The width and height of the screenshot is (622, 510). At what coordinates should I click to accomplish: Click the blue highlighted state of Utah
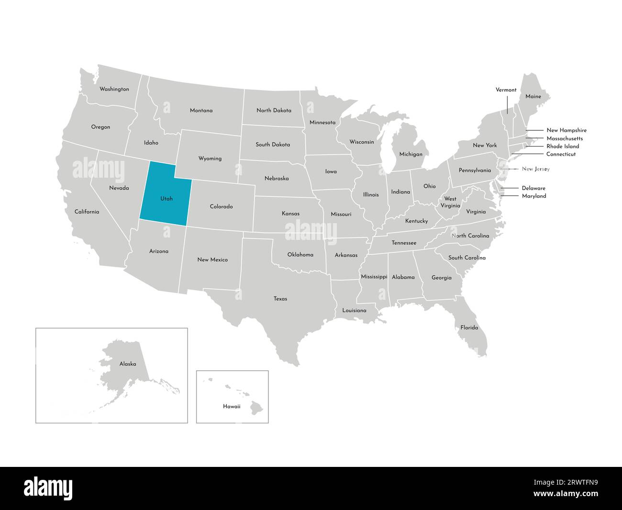(165, 194)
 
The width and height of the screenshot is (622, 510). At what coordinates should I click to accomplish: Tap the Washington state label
(114, 89)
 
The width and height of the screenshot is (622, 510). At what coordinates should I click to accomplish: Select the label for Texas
(280, 299)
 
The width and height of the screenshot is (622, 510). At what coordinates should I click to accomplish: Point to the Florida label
(469, 328)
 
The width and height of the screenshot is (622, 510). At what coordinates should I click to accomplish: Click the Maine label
(533, 96)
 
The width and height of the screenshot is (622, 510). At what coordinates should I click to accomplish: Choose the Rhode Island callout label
(563, 146)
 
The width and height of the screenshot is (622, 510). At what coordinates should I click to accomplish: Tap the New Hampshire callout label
(566, 130)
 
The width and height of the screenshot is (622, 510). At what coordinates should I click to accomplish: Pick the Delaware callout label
(533, 188)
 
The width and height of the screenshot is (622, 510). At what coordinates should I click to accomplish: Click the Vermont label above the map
(506, 90)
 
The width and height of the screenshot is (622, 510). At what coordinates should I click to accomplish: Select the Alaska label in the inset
(128, 364)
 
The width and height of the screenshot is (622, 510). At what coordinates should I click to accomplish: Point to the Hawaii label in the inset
(232, 406)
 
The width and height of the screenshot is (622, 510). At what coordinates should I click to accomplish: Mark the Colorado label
(221, 206)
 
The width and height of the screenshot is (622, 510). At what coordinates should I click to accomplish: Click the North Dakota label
(274, 110)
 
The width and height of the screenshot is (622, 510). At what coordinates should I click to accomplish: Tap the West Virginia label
(450, 202)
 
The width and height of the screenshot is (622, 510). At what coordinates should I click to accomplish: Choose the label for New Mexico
(212, 260)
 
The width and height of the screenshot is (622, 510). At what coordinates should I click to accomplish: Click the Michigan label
(411, 154)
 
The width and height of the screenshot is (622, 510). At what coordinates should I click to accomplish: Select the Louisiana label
(354, 310)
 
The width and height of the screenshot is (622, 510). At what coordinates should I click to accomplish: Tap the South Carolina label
(466, 258)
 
